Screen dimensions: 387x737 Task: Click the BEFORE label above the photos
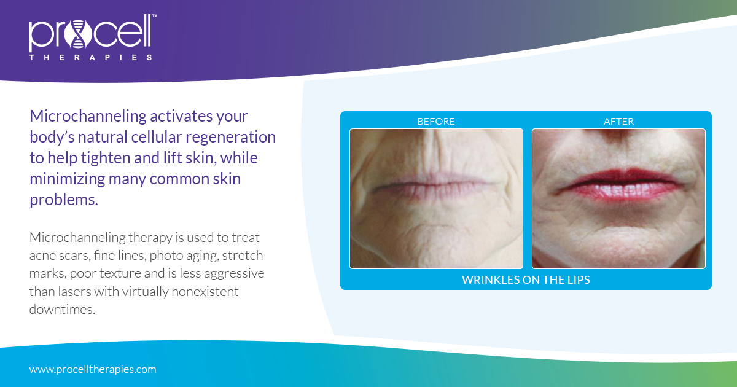pos(436,121)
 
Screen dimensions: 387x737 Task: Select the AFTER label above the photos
pos(618,121)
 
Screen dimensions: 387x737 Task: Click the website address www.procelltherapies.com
pos(93,369)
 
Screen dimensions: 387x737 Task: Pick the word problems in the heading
pos(64,200)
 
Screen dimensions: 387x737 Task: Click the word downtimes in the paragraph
pos(62,309)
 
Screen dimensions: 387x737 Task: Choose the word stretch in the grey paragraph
pos(243,254)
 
